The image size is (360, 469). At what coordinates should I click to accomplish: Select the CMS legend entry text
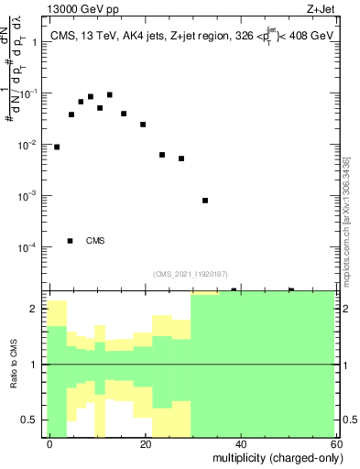(95, 241)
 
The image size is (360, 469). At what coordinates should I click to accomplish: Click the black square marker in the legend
(71, 241)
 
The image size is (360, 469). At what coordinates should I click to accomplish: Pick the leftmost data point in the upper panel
(57, 147)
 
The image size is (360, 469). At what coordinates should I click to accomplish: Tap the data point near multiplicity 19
(143, 125)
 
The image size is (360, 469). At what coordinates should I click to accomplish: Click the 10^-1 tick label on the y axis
(29, 93)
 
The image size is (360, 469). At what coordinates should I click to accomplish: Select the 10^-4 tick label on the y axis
(29, 247)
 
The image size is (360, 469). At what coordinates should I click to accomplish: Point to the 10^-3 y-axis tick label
(29, 196)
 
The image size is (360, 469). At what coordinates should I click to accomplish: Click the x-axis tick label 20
(146, 442)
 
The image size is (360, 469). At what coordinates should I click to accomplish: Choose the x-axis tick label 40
(240, 442)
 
